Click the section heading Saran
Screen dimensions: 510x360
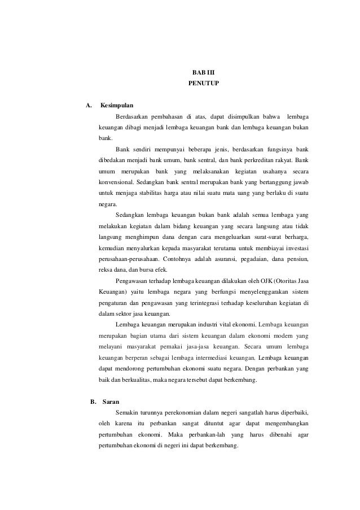click(111, 402)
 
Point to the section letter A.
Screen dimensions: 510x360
click(88, 106)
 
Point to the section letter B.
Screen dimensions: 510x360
click(93, 402)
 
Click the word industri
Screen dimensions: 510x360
click(207, 324)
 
